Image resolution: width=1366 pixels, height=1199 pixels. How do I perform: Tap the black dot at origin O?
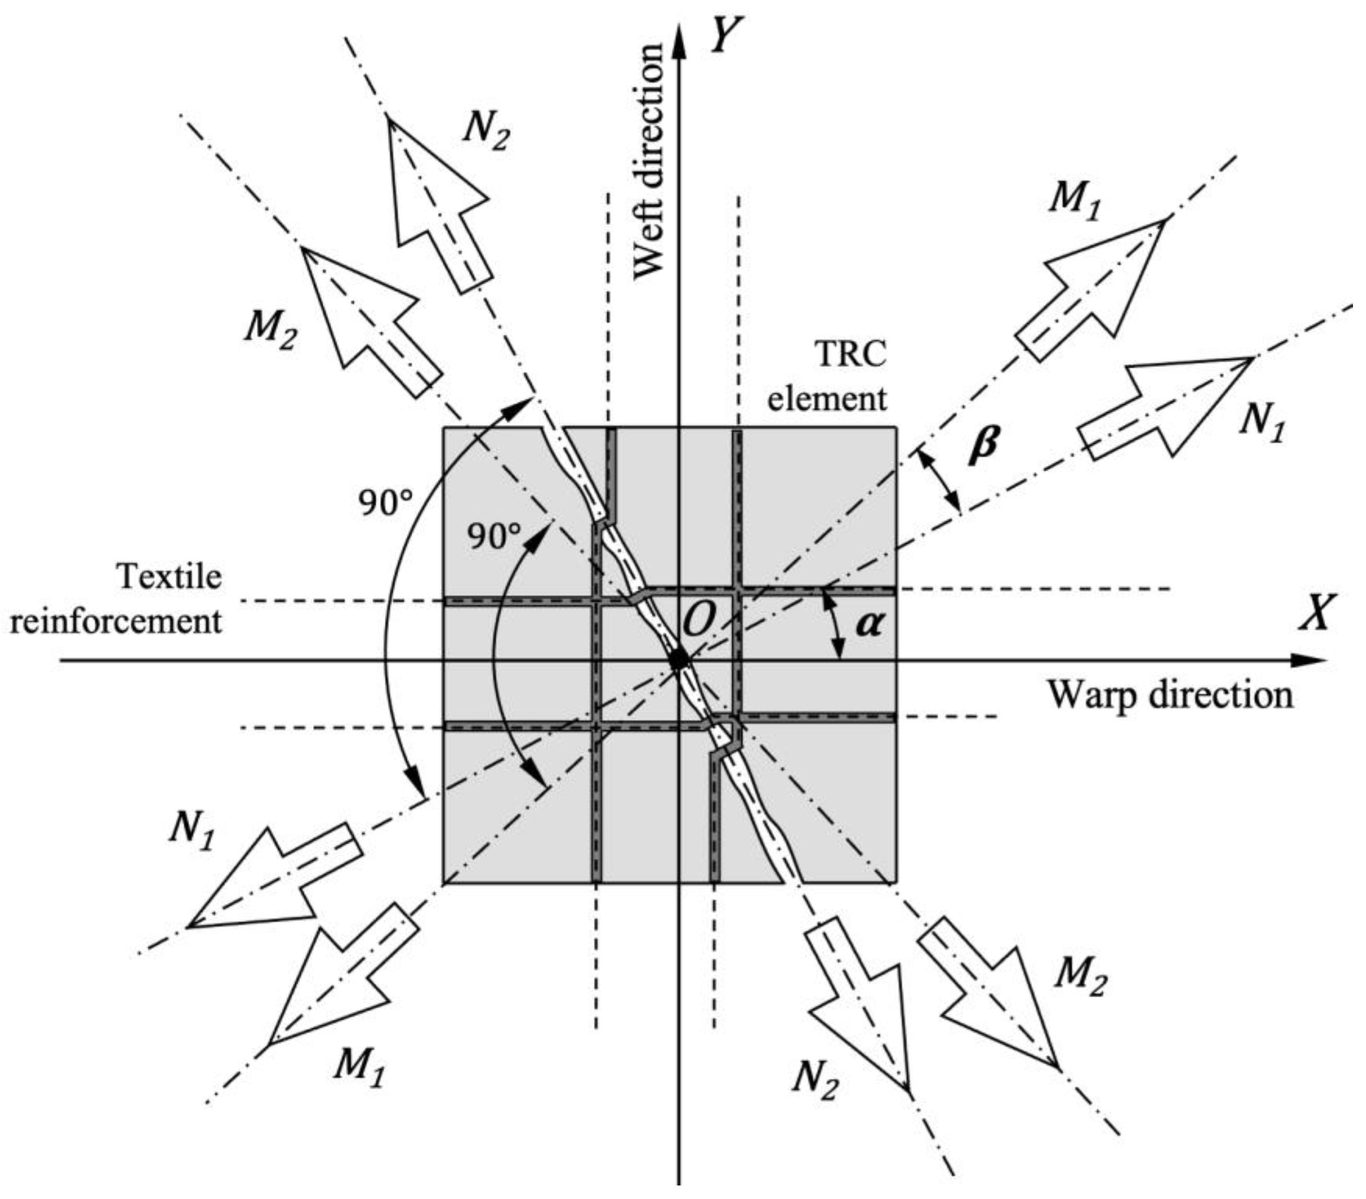pyautogui.click(x=679, y=660)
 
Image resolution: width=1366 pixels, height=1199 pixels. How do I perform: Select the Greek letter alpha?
pyautogui.click(x=868, y=624)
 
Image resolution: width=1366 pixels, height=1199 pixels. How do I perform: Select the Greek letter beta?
pyautogui.click(x=984, y=445)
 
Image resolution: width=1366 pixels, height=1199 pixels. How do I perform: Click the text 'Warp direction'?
pyautogui.click(x=1169, y=695)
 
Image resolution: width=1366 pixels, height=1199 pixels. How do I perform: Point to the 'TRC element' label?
pyautogui.click(x=829, y=377)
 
